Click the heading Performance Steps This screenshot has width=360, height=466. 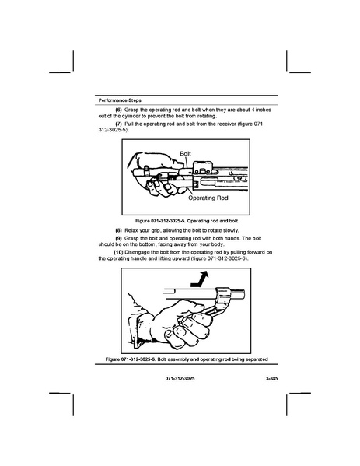(x=120, y=100)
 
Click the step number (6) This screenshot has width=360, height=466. (x=118, y=110)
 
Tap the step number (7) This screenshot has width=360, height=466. (x=118, y=124)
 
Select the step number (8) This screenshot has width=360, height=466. (x=118, y=230)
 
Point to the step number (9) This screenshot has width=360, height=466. (x=118, y=238)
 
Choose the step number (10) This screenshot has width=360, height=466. (x=118, y=252)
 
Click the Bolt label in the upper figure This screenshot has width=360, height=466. (x=185, y=154)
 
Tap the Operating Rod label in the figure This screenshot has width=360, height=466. (x=208, y=198)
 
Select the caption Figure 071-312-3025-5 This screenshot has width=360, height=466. (x=187, y=221)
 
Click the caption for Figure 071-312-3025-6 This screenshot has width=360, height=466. (x=187, y=359)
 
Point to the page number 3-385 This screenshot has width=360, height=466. (x=272, y=379)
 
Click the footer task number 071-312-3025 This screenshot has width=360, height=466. (x=180, y=379)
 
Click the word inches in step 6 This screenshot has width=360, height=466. (x=263, y=110)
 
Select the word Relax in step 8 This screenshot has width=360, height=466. (x=130, y=230)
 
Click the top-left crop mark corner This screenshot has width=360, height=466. (x=73, y=72)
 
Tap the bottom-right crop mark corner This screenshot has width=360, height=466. (x=287, y=394)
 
